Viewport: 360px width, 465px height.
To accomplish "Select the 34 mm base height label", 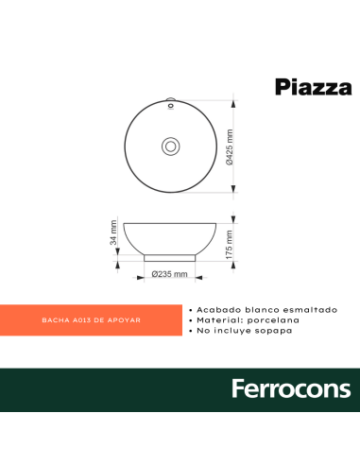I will tap(114, 232).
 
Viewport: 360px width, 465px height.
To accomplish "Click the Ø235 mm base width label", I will tap(170, 275).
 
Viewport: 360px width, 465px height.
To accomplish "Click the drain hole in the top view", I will tap(170, 146).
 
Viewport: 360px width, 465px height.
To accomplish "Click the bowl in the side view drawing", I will tap(170, 236).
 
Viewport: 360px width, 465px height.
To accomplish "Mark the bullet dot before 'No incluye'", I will tap(192, 332).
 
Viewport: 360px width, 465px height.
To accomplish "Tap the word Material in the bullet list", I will tap(217, 320).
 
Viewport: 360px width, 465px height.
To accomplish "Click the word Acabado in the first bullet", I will tap(215, 309).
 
